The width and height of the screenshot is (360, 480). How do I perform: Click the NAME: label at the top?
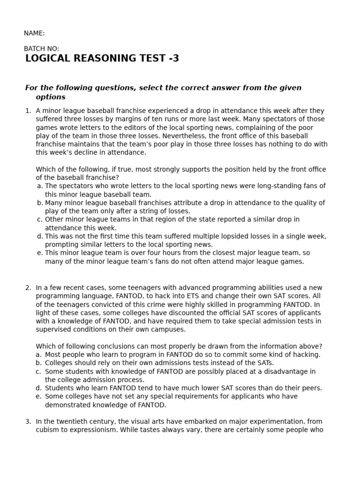coord(34,33)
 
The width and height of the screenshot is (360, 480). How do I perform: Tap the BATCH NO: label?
coord(41,49)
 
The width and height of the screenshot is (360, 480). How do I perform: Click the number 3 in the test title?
coord(175,59)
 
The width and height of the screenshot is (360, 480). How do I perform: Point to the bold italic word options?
coord(51,97)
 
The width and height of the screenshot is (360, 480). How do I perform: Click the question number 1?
coord(28,111)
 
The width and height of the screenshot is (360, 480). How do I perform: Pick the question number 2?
coord(28,288)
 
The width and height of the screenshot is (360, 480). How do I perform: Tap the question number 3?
coord(28,422)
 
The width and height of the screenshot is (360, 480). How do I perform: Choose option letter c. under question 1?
coord(40,219)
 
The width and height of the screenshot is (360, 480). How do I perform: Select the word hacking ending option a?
coord(307,355)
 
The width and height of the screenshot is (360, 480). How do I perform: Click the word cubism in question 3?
coord(47,430)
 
